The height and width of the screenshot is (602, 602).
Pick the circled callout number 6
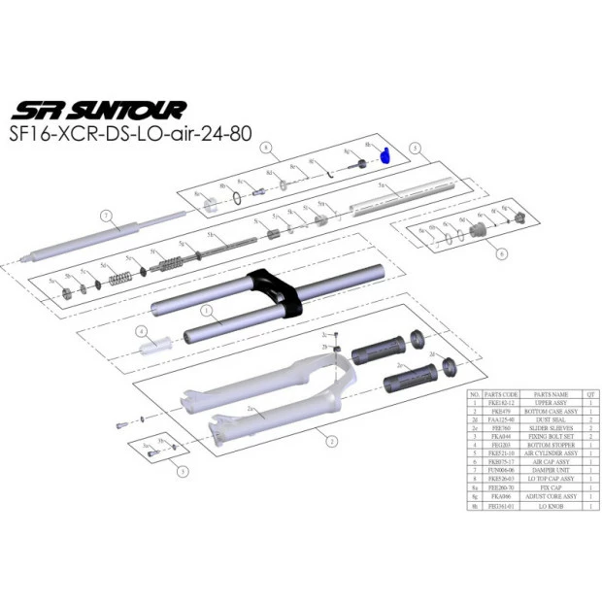pos(501,253)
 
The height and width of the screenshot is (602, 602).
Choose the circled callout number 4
pos(141,332)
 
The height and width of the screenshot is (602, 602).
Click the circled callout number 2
pos(331,442)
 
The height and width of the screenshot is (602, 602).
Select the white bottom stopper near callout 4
pos(159,345)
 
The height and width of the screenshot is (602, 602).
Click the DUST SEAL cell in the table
pos(550,418)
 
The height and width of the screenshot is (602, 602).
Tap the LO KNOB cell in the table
pos(550,506)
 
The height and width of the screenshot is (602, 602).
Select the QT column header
pos(591,395)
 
